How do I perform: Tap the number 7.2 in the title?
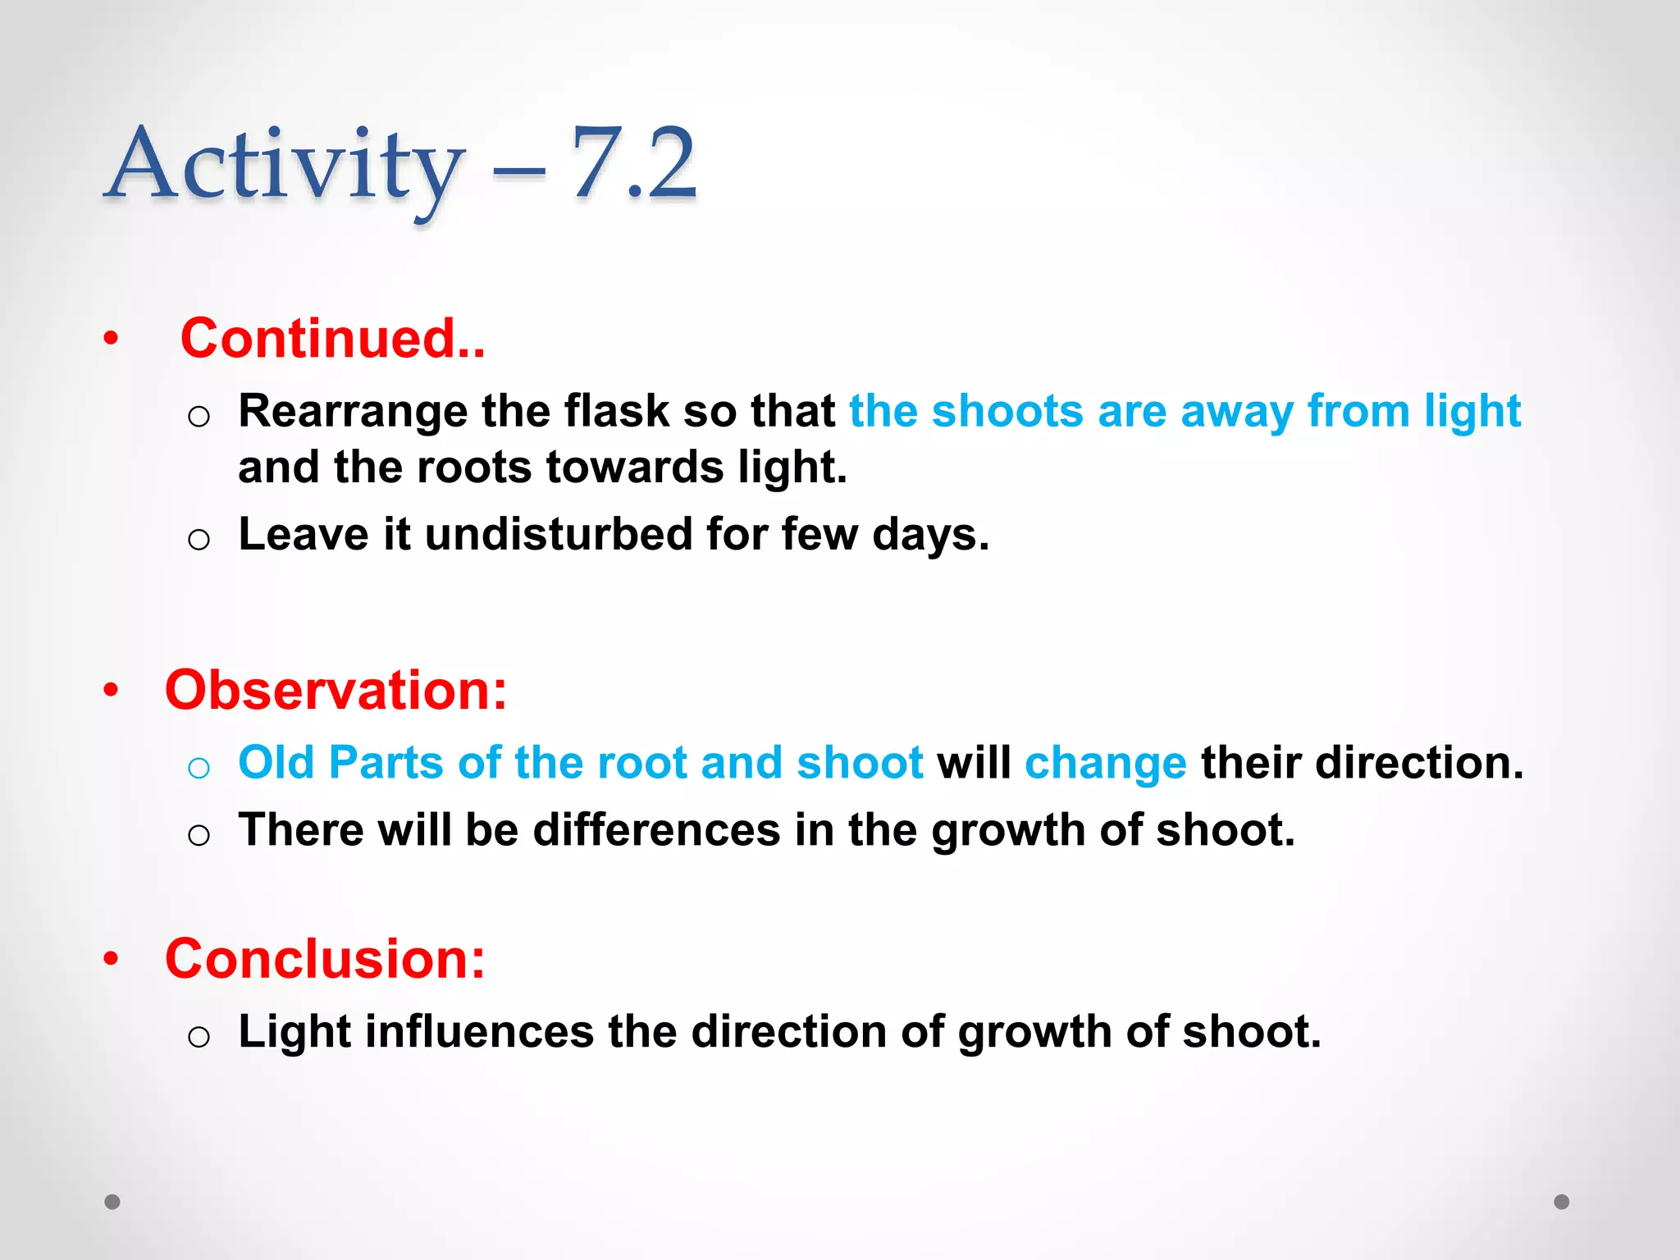click(633, 164)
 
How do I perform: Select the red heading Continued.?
click(332, 338)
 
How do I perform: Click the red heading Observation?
click(336, 690)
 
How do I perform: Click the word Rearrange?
click(352, 411)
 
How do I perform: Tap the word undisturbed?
click(558, 534)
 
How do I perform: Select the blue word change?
click(1105, 763)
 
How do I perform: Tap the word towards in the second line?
click(634, 468)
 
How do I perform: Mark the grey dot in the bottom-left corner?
click(112, 1202)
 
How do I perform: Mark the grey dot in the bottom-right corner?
click(1562, 1202)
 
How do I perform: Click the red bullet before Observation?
click(111, 690)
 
